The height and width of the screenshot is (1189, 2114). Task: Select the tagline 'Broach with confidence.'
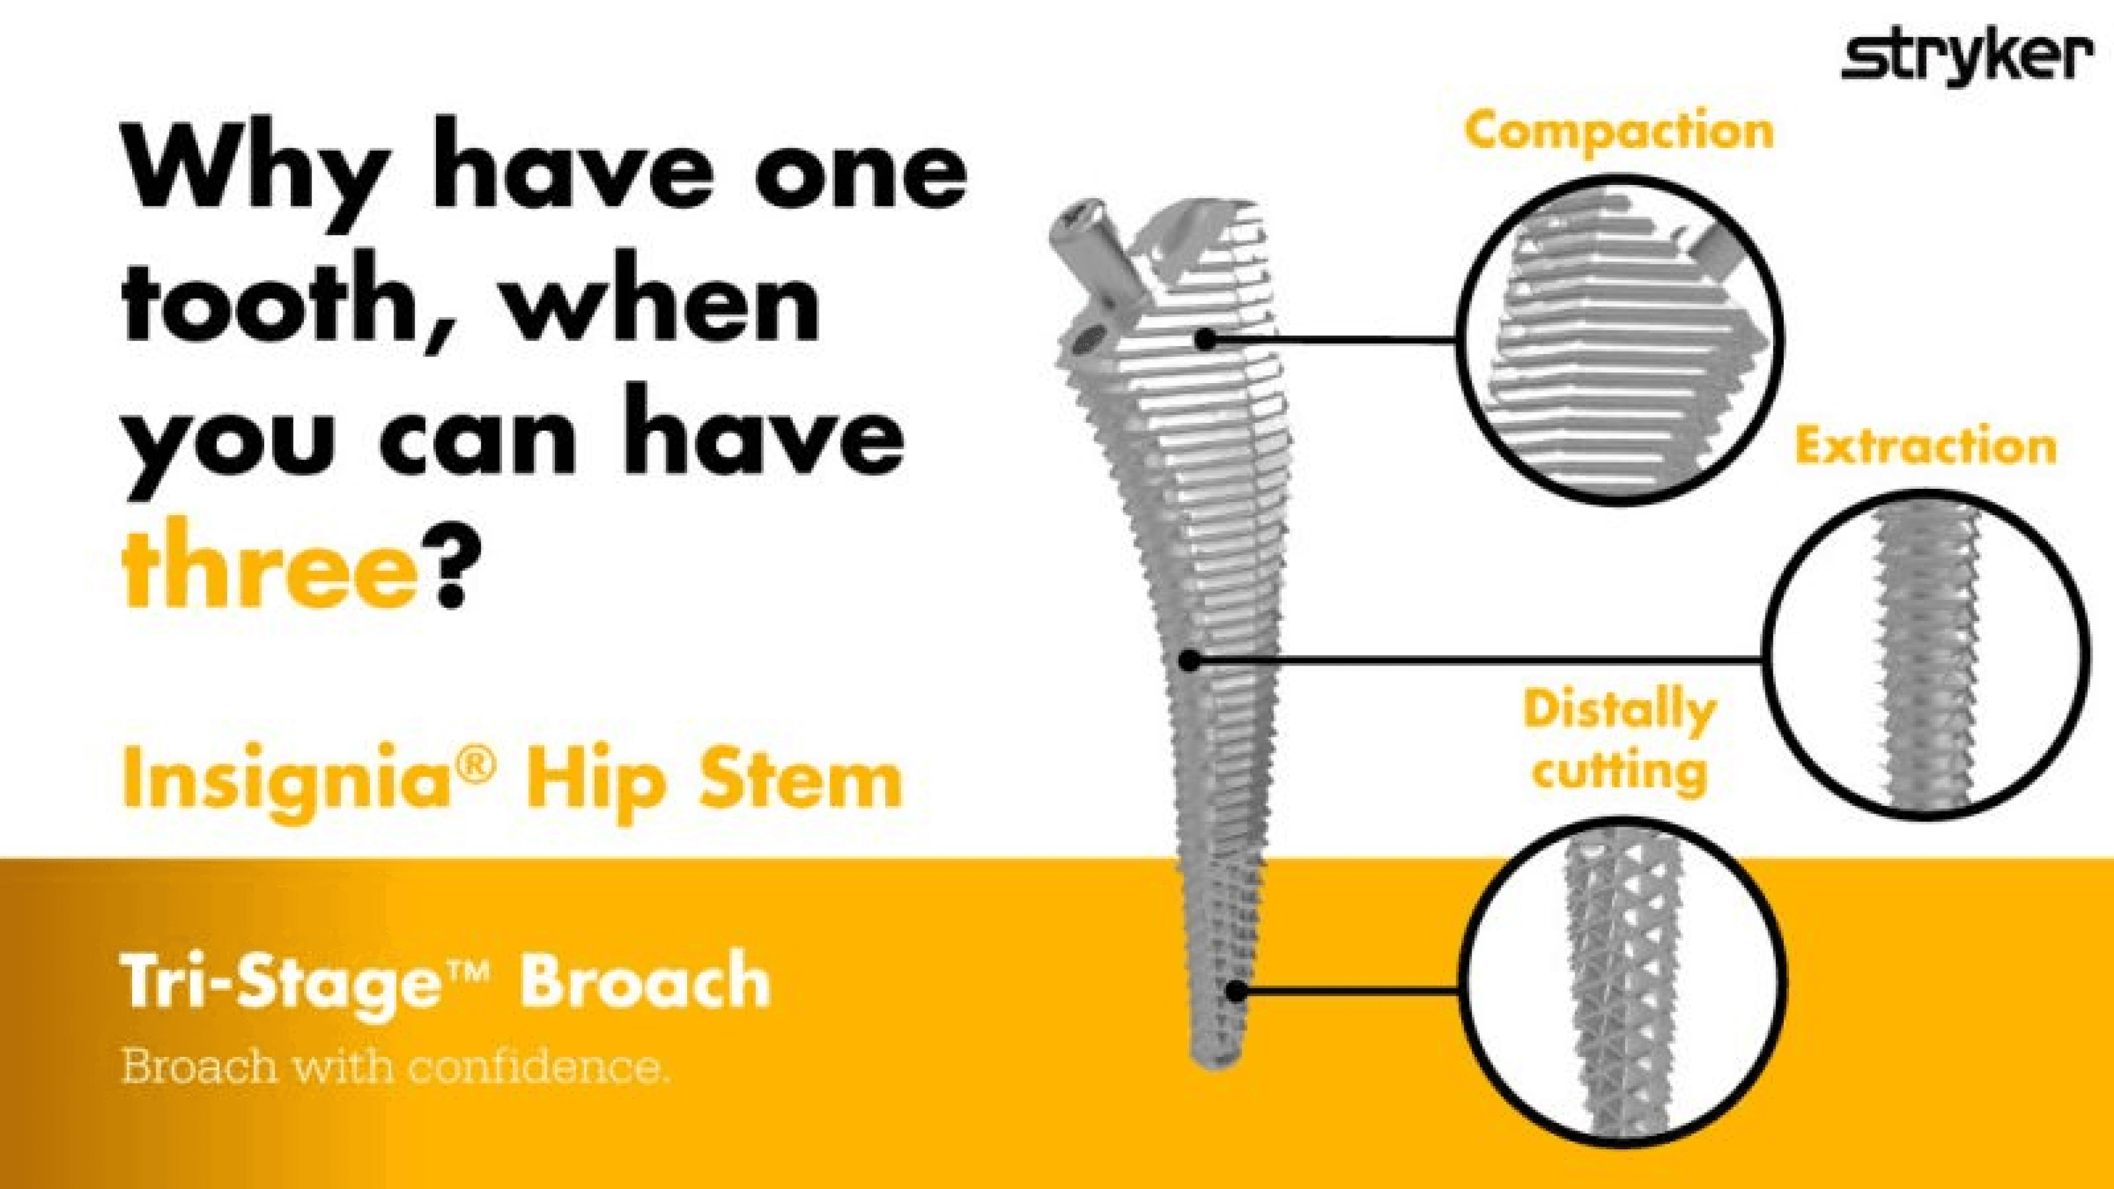[396, 1067]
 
